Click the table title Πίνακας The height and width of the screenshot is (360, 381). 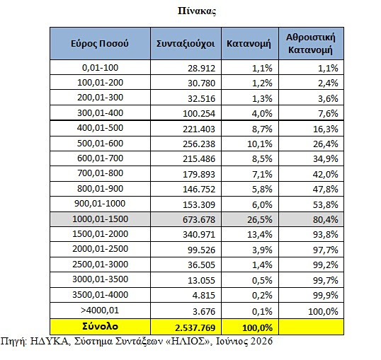tap(197, 11)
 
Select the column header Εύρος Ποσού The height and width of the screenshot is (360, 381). tap(100, 44)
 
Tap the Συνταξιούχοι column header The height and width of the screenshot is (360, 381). tap(186, 44)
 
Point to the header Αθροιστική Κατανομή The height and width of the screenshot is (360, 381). tap(310, 44)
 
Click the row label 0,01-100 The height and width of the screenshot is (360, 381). tap(100, 68)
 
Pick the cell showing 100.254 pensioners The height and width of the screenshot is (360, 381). tap(199, 114)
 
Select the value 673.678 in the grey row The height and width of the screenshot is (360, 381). tap(199, 220)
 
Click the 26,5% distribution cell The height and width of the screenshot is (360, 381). tap(260, 220)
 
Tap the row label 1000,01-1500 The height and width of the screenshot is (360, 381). tap(100, 219)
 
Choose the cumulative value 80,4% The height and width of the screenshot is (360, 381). tap(325, 220)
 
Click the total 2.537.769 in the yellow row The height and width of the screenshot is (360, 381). tap(195, 328)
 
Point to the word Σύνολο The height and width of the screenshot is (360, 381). tap(100, 327)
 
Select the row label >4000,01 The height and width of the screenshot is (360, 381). tap(100, 310)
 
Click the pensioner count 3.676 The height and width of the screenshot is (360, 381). tap(204, 311)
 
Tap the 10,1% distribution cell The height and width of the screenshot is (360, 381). tap(260, 144)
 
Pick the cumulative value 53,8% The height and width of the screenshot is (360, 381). tap(325, 205)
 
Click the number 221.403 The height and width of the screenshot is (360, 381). tap(199, 129)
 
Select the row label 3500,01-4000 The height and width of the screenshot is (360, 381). tap(100, 295)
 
